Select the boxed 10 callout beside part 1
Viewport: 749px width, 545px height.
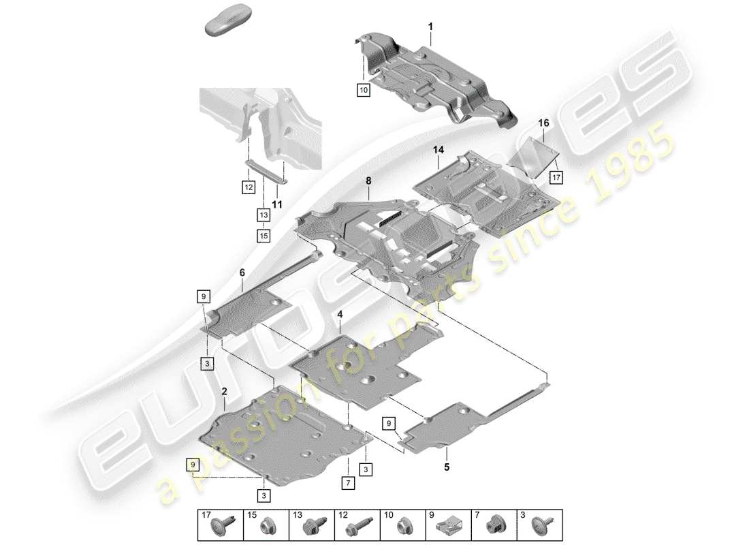364,89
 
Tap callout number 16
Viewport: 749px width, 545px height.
543,123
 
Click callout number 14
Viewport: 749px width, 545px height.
437,148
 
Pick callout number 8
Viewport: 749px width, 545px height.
368,182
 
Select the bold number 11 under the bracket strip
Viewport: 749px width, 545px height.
277,204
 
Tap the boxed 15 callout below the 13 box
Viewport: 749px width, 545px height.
264,236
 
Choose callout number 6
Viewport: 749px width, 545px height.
241,272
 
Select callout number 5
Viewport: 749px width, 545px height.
447,467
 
